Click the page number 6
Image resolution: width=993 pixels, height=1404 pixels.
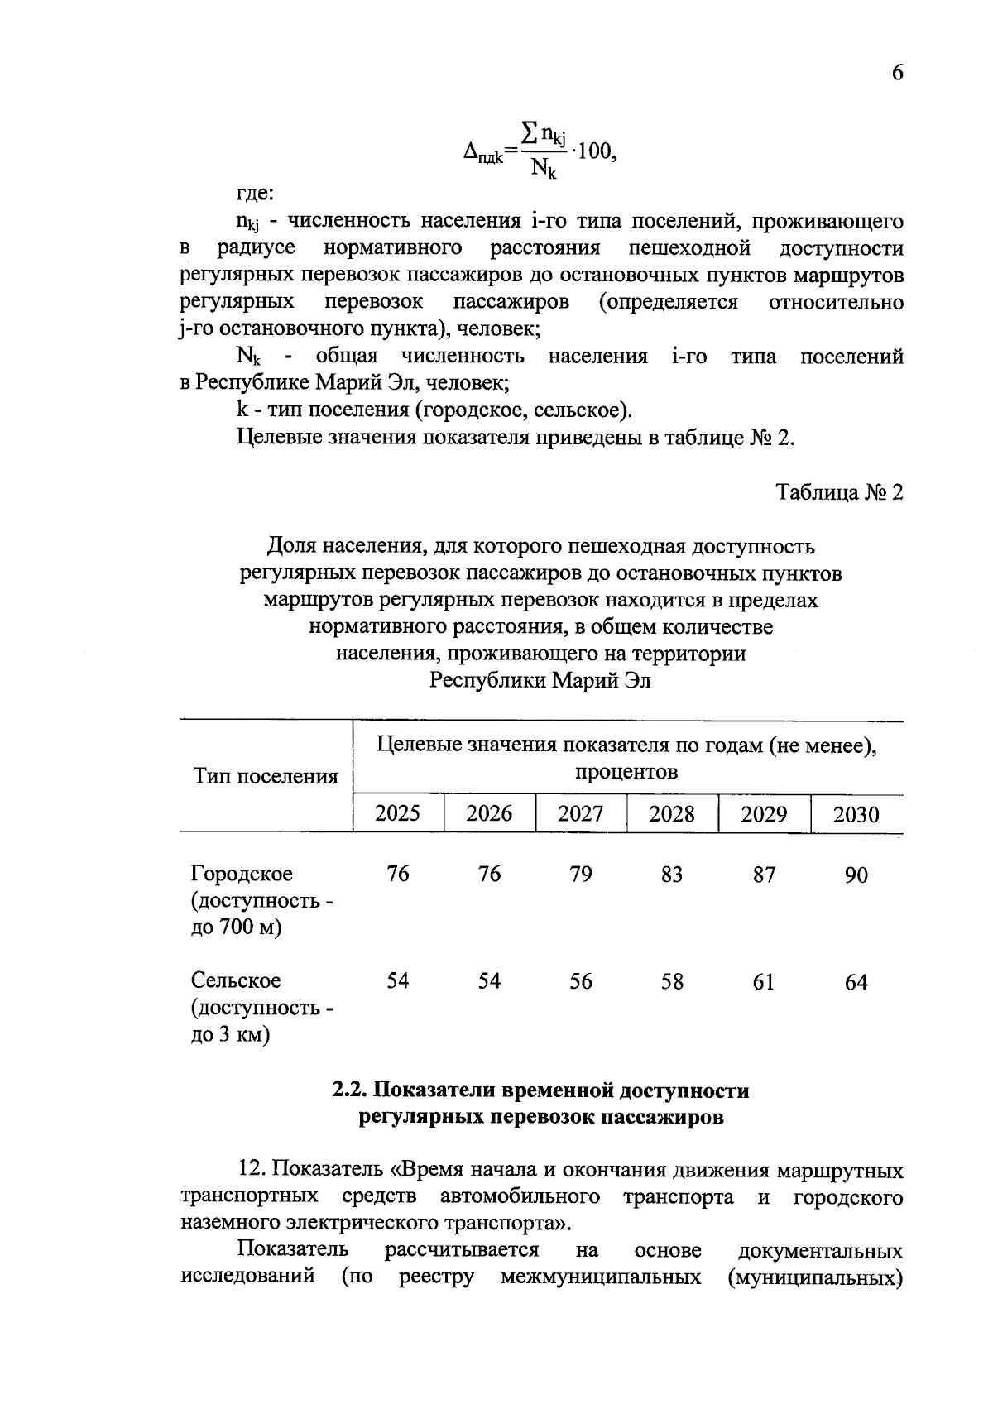897,73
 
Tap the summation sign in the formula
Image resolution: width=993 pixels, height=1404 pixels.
529,132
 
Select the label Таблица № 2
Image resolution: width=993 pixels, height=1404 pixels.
839,493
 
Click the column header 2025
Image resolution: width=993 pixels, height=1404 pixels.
398,813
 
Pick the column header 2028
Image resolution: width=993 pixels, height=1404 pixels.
672,813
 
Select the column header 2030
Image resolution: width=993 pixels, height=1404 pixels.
856,815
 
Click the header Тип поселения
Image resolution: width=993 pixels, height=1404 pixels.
266,776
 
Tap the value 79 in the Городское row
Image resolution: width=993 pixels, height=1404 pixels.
581,875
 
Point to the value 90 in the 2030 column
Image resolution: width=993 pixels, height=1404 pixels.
856,875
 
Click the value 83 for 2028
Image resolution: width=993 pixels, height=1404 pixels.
672,875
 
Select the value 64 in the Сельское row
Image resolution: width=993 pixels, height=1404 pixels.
856,982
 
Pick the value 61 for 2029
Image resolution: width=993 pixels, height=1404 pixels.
764,982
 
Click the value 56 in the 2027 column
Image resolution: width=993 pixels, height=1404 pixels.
581,981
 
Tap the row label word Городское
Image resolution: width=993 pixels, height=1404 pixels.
242,875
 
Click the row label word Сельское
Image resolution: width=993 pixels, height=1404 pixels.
237,981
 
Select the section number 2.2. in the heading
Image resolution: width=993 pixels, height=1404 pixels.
349,1091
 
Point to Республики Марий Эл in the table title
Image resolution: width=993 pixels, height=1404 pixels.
540,681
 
